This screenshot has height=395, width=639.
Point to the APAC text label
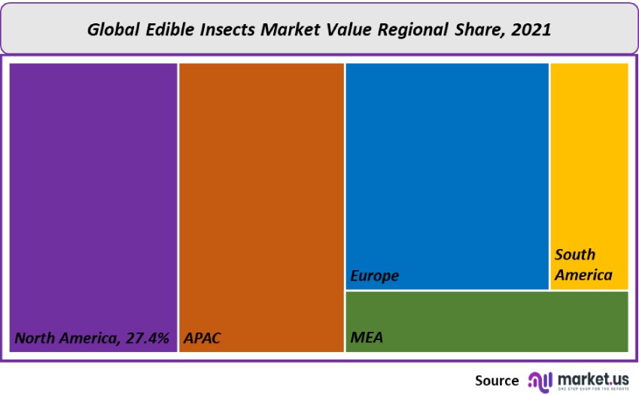tap(202, 338)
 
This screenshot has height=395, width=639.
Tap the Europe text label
tap(375, 276)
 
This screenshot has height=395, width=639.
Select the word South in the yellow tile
tap(575, 254)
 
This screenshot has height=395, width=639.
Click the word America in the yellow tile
tap(583, 275)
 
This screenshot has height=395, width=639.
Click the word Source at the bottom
tap(496, 381)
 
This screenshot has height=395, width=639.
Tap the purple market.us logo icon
tap(540, 381)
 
